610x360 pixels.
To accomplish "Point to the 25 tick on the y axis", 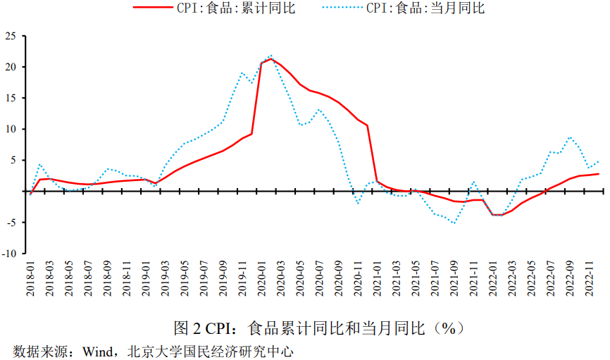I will coord(12,36).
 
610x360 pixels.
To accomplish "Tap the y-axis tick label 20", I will coord(12,67).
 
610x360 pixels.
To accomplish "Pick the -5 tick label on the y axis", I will coord(12,222).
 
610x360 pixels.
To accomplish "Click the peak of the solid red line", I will coord(271,59).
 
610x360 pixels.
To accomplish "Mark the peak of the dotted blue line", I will coord(271,56).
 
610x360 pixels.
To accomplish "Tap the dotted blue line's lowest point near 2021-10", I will coord(454,223).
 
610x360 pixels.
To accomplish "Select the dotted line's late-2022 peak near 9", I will coord(570,137).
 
